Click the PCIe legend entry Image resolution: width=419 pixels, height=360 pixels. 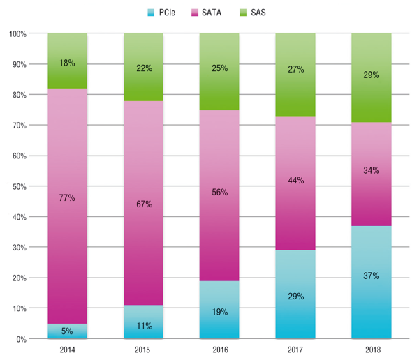tap(164, 12)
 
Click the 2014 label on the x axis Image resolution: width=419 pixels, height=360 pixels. tap(67, 349)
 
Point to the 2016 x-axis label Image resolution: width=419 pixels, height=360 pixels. tap(219, 349)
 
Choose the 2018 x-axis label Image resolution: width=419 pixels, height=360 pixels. tap(371, 349)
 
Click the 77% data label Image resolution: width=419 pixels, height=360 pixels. tap(67, 198)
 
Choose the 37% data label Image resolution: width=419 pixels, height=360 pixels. tap(371, 276)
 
